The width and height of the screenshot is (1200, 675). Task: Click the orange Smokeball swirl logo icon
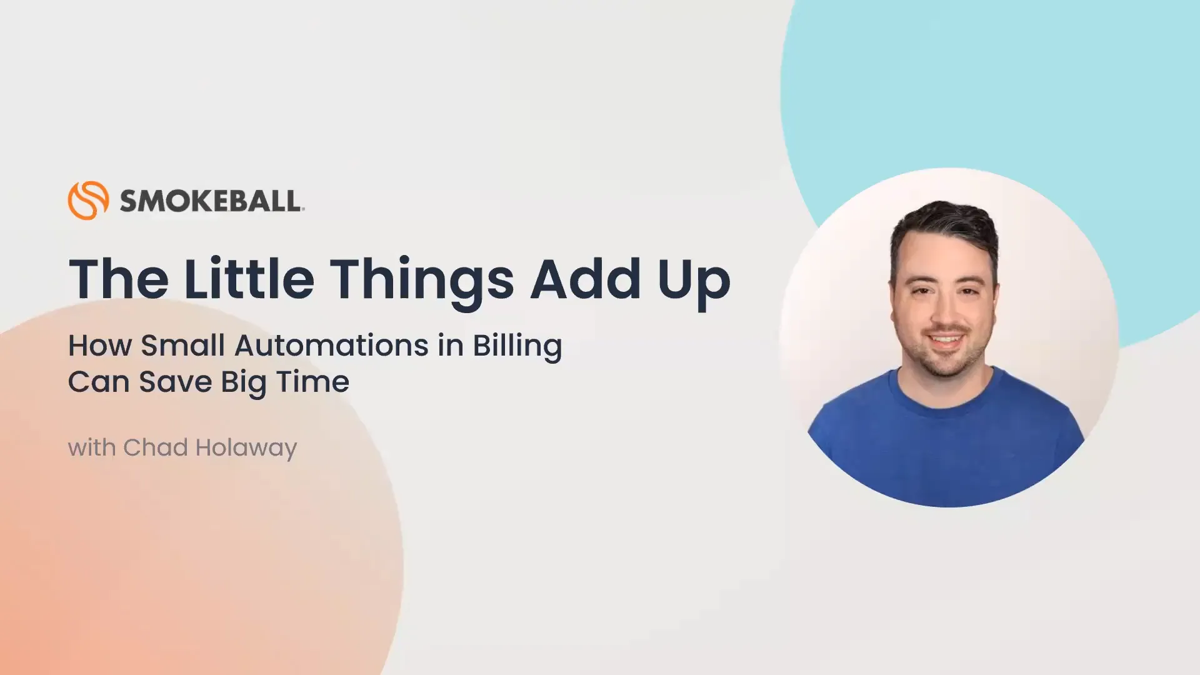88,201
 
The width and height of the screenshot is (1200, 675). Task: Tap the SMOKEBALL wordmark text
211,201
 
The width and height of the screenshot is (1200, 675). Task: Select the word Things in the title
422,281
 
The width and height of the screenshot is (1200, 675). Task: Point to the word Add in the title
586,279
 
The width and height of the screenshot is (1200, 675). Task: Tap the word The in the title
118,279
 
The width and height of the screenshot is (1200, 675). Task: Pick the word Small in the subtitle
182,346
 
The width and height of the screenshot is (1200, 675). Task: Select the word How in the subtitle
100,346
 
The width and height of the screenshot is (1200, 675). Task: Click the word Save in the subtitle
175,382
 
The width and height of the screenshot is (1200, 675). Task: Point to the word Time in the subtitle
312,382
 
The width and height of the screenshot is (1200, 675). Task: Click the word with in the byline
91,447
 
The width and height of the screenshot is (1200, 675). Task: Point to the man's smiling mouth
945,340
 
